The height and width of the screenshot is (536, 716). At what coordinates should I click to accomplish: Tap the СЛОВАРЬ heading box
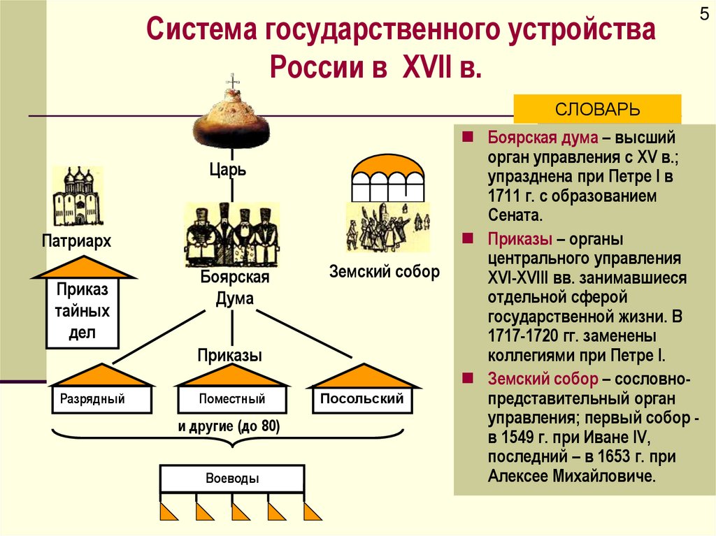(x=597, y=110)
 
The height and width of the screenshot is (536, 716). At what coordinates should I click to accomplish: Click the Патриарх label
(x=76, y=241)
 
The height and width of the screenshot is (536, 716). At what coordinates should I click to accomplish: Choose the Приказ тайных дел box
(x=83, y=312)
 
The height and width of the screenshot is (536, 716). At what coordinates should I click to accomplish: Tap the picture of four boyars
(x=231, y=235)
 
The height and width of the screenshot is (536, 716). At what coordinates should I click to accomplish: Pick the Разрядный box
(x=101, y=400)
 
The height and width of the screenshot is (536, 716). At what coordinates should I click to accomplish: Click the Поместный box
(x=231, y=400)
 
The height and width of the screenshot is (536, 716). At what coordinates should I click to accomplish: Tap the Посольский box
(x=361, y=399)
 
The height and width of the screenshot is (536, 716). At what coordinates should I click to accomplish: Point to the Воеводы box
(x=232, y=479)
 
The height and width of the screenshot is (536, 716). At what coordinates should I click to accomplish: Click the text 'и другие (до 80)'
(x=229, y=427)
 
